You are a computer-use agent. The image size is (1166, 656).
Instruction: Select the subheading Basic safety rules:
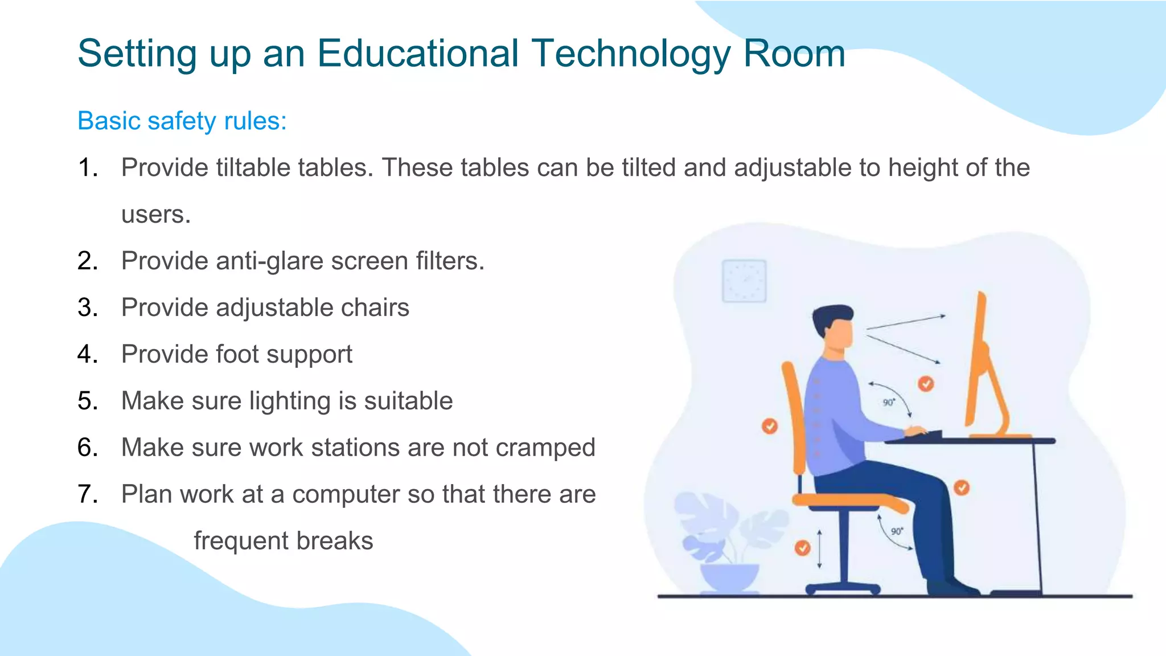(182, 121)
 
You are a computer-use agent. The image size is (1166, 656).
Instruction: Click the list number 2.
(88, 261)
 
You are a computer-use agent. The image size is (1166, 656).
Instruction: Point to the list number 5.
(88, 401)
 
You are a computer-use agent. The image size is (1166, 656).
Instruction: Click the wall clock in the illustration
(744, 281)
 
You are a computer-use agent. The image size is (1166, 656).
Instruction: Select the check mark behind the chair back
(770, 425)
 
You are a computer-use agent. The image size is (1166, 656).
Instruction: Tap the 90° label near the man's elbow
(889, 403)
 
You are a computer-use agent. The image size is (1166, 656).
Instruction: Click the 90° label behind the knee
(897, 531)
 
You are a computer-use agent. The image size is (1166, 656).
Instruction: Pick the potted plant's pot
(729, 577)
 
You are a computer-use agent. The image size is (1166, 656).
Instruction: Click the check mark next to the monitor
(926, 384)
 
